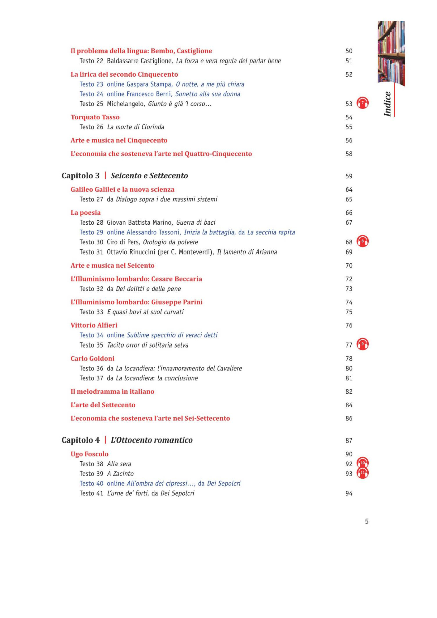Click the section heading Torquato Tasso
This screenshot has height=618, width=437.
point(95,117)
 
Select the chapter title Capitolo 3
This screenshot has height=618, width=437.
point(80,176)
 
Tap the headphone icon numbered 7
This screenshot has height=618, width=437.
point(362,103)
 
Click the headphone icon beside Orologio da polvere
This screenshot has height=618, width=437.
point(362,241)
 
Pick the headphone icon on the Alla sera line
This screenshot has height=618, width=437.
point(362,463)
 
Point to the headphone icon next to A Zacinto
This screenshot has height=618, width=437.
point(362,473)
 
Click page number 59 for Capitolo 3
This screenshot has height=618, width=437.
point(349,176)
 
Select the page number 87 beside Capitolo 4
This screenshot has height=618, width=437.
point(349,441)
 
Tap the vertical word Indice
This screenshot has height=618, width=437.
point(387,104)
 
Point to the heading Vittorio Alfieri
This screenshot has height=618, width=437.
point(94,325)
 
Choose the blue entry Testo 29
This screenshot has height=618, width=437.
point(91,232)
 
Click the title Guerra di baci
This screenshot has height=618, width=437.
point(196,222)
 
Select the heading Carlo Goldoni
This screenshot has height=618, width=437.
point(92,358)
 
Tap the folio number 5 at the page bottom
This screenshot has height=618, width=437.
point(367,522)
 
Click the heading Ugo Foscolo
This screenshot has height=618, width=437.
point(89,454)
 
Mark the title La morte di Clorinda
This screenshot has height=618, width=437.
point(135,127)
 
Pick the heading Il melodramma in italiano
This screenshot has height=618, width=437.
point(112,392)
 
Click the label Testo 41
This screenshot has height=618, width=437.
point(91,493)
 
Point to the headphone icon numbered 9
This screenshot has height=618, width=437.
point(362,344)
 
